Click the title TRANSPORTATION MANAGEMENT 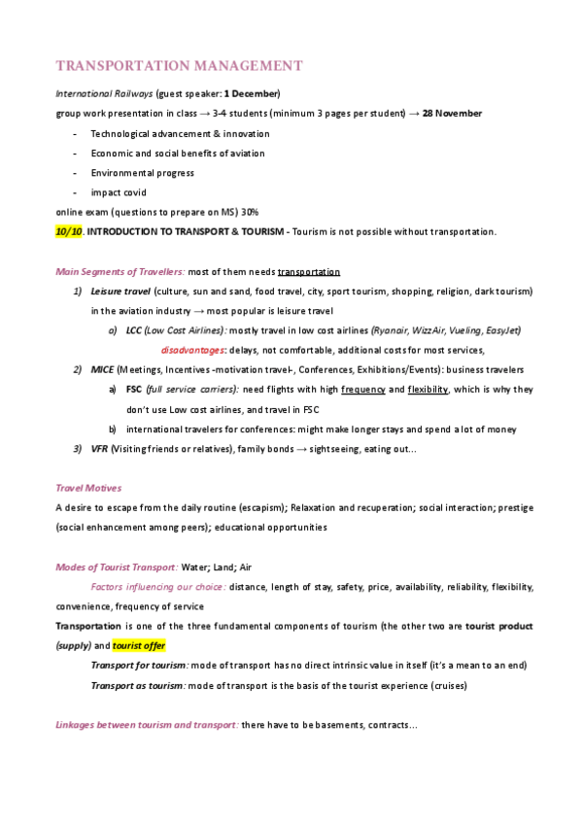point(179,66)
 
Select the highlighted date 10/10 point(68,231)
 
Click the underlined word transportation point(308,272)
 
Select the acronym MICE point(101,369)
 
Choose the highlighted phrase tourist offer point(139,645)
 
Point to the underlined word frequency point(362,389)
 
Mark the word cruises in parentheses point(446,685)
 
